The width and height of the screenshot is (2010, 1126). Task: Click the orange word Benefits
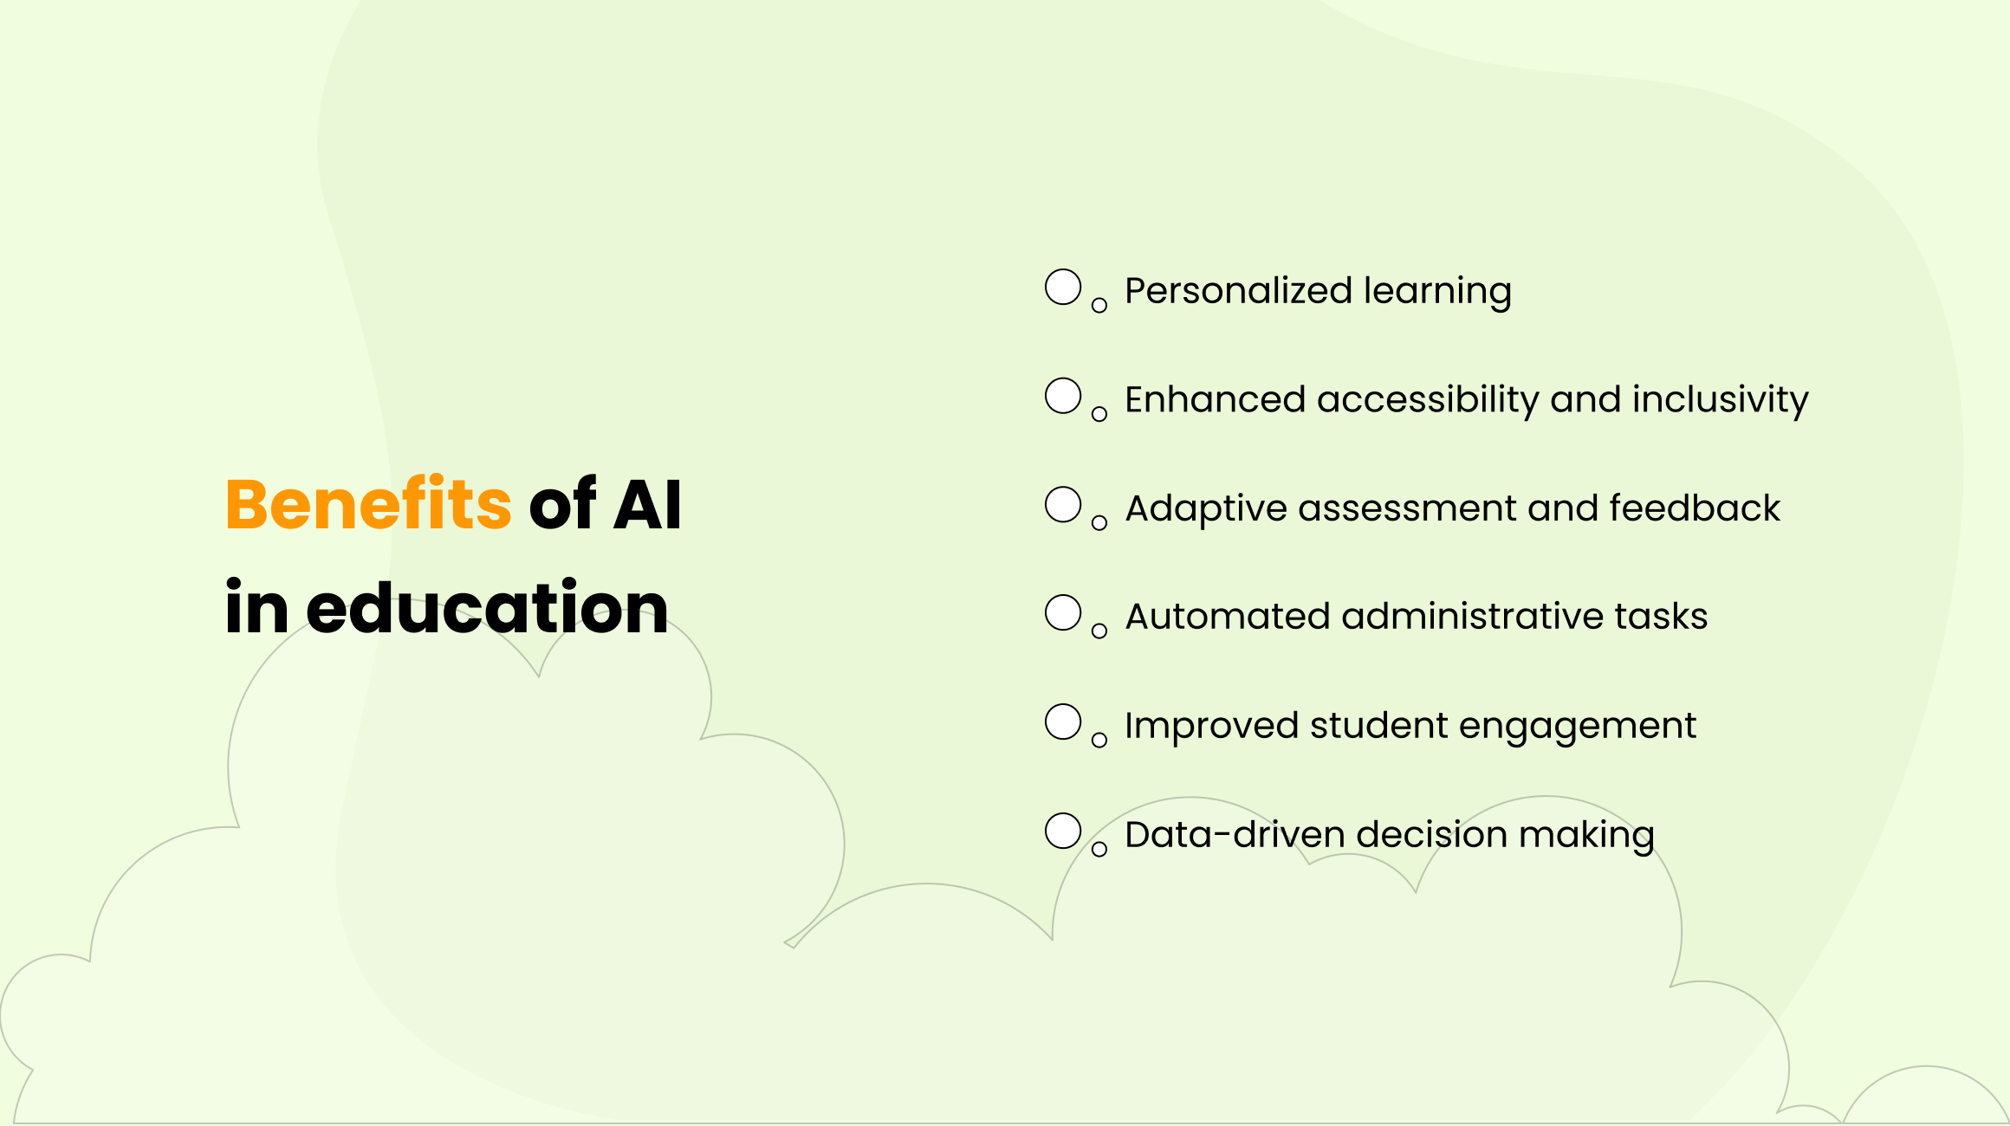click(x=368, y=504)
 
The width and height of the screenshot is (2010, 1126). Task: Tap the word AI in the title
click(x=647, y=504)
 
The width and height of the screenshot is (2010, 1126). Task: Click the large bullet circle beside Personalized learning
click(x=1063, y=288)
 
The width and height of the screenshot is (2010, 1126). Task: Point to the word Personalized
click(x=1238, y=291)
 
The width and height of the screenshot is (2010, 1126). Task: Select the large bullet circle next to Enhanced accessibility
click(x=1063, y=396)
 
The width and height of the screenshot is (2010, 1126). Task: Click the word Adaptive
click(x=1206, y=508)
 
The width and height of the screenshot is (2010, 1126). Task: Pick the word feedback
click(x=1694, y=508)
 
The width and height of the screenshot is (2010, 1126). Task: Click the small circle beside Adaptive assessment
click(x=1099, y=523)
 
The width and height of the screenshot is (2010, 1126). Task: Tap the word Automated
click(x=1228, y=617)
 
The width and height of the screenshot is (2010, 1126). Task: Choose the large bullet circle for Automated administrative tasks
click(x=1063, y=613)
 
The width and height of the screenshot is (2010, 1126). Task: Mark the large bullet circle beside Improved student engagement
click(x=1063, y=722)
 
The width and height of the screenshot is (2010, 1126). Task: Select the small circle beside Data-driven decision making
click(x=1099, y=850)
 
